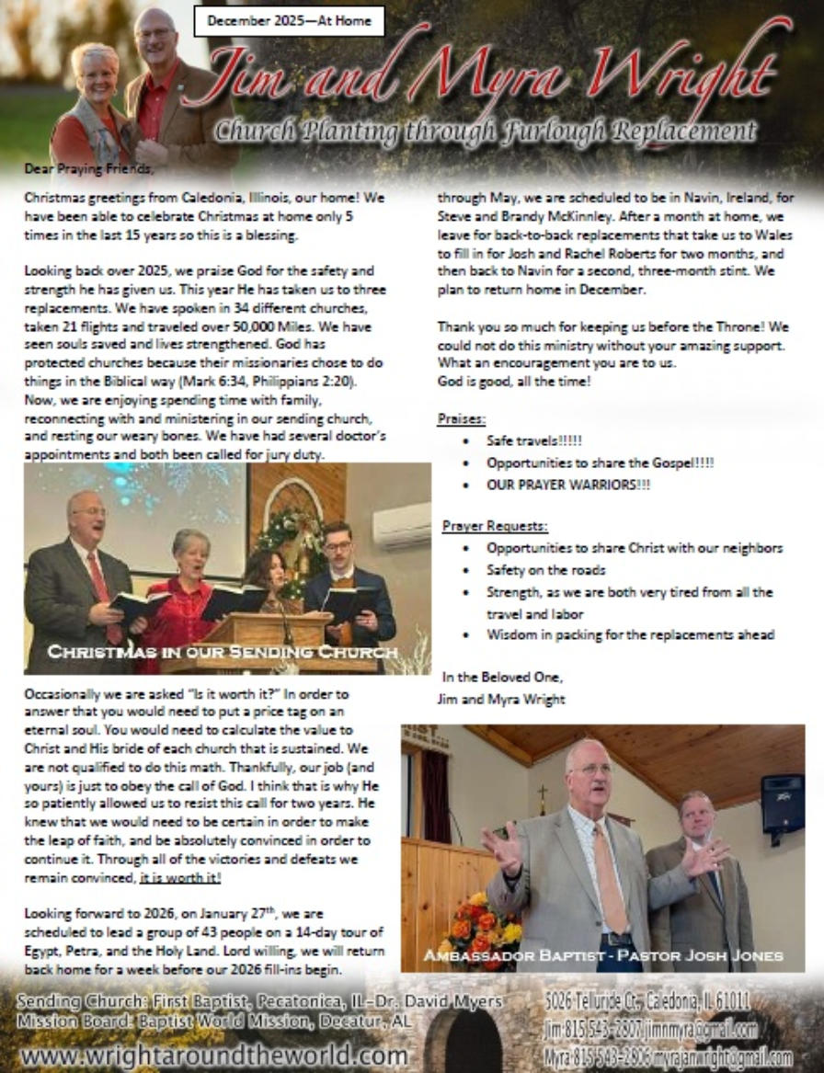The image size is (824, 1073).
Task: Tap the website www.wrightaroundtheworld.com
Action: coord(212,1054)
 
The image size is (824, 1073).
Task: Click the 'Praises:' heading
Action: coord(461,419)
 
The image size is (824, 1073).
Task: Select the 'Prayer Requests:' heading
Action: coord(494,526)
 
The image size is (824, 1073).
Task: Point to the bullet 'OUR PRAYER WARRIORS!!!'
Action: coord(567,485)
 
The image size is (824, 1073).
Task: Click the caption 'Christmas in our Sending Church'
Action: coord(223,652)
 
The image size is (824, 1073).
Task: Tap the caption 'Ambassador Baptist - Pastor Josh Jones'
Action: coord(602,955)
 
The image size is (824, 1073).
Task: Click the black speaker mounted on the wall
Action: coord(782,803)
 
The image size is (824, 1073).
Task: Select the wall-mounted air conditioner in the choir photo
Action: coord(401,525)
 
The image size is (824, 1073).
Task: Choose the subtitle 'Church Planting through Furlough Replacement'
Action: coord(485,131)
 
